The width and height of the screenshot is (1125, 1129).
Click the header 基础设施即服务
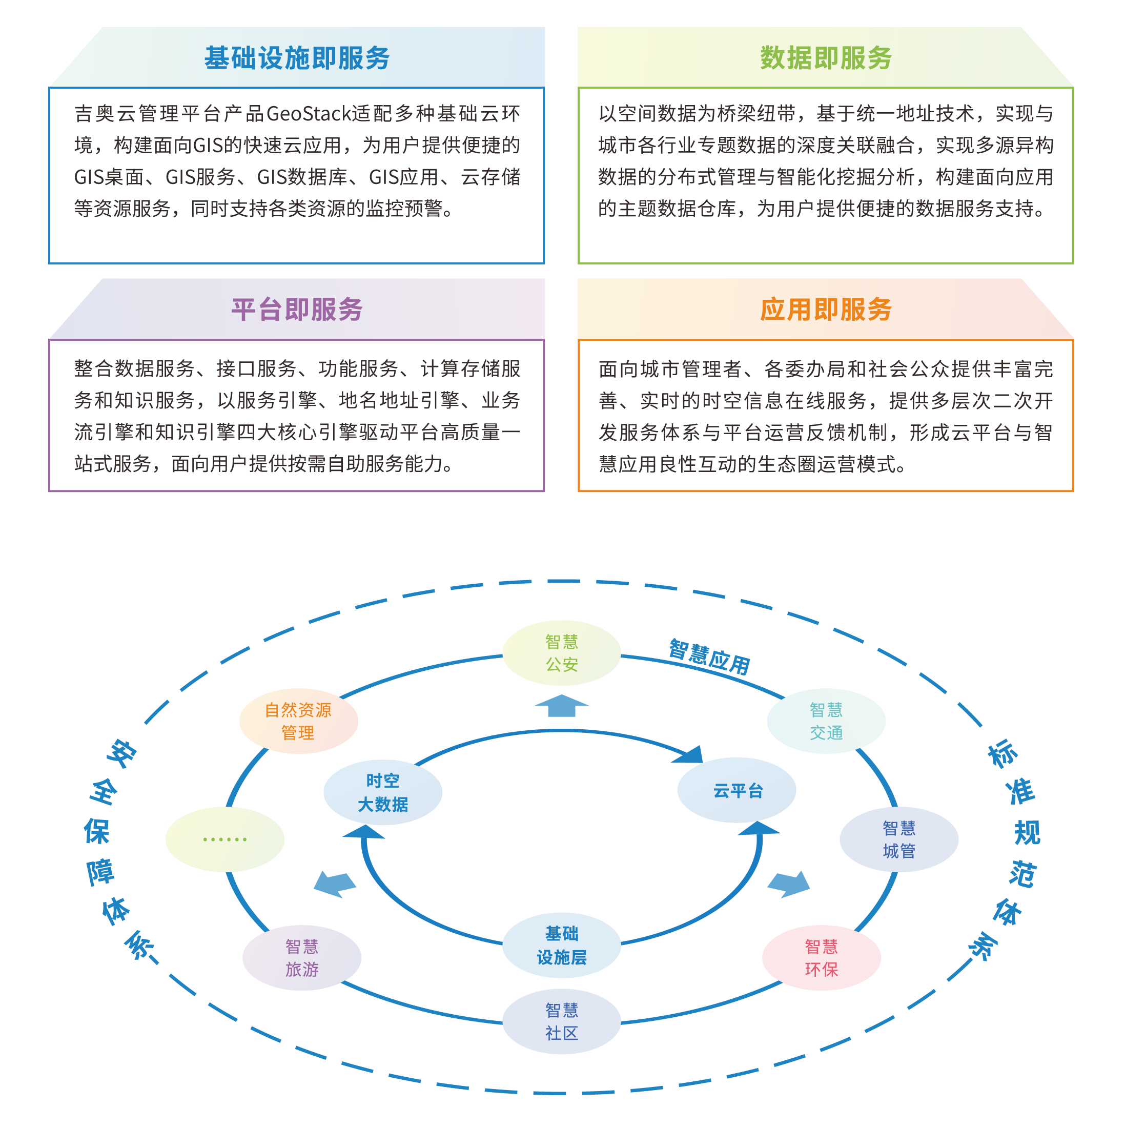pos(296,58)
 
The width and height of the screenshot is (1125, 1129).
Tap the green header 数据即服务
pos(825,58)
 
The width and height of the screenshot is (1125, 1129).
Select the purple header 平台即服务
pos(296,309)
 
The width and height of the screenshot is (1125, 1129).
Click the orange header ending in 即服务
pos(825,309)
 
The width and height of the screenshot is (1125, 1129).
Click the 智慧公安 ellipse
pos(561,653)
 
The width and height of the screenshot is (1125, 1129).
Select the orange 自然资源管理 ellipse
pos(298,721)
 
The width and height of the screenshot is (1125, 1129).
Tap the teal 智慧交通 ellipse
pos(826,721)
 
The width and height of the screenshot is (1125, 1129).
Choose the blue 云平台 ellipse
pos(737,790)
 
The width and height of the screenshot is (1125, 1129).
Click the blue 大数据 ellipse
pos(383,792)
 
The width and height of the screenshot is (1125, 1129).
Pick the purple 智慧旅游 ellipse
pos(301,958)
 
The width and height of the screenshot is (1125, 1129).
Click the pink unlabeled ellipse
pos(821,958)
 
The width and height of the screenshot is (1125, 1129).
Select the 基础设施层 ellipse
pos(561,945)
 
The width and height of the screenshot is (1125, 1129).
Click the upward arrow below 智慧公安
pos(561,705)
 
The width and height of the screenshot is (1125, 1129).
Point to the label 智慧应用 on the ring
pos(709,658)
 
